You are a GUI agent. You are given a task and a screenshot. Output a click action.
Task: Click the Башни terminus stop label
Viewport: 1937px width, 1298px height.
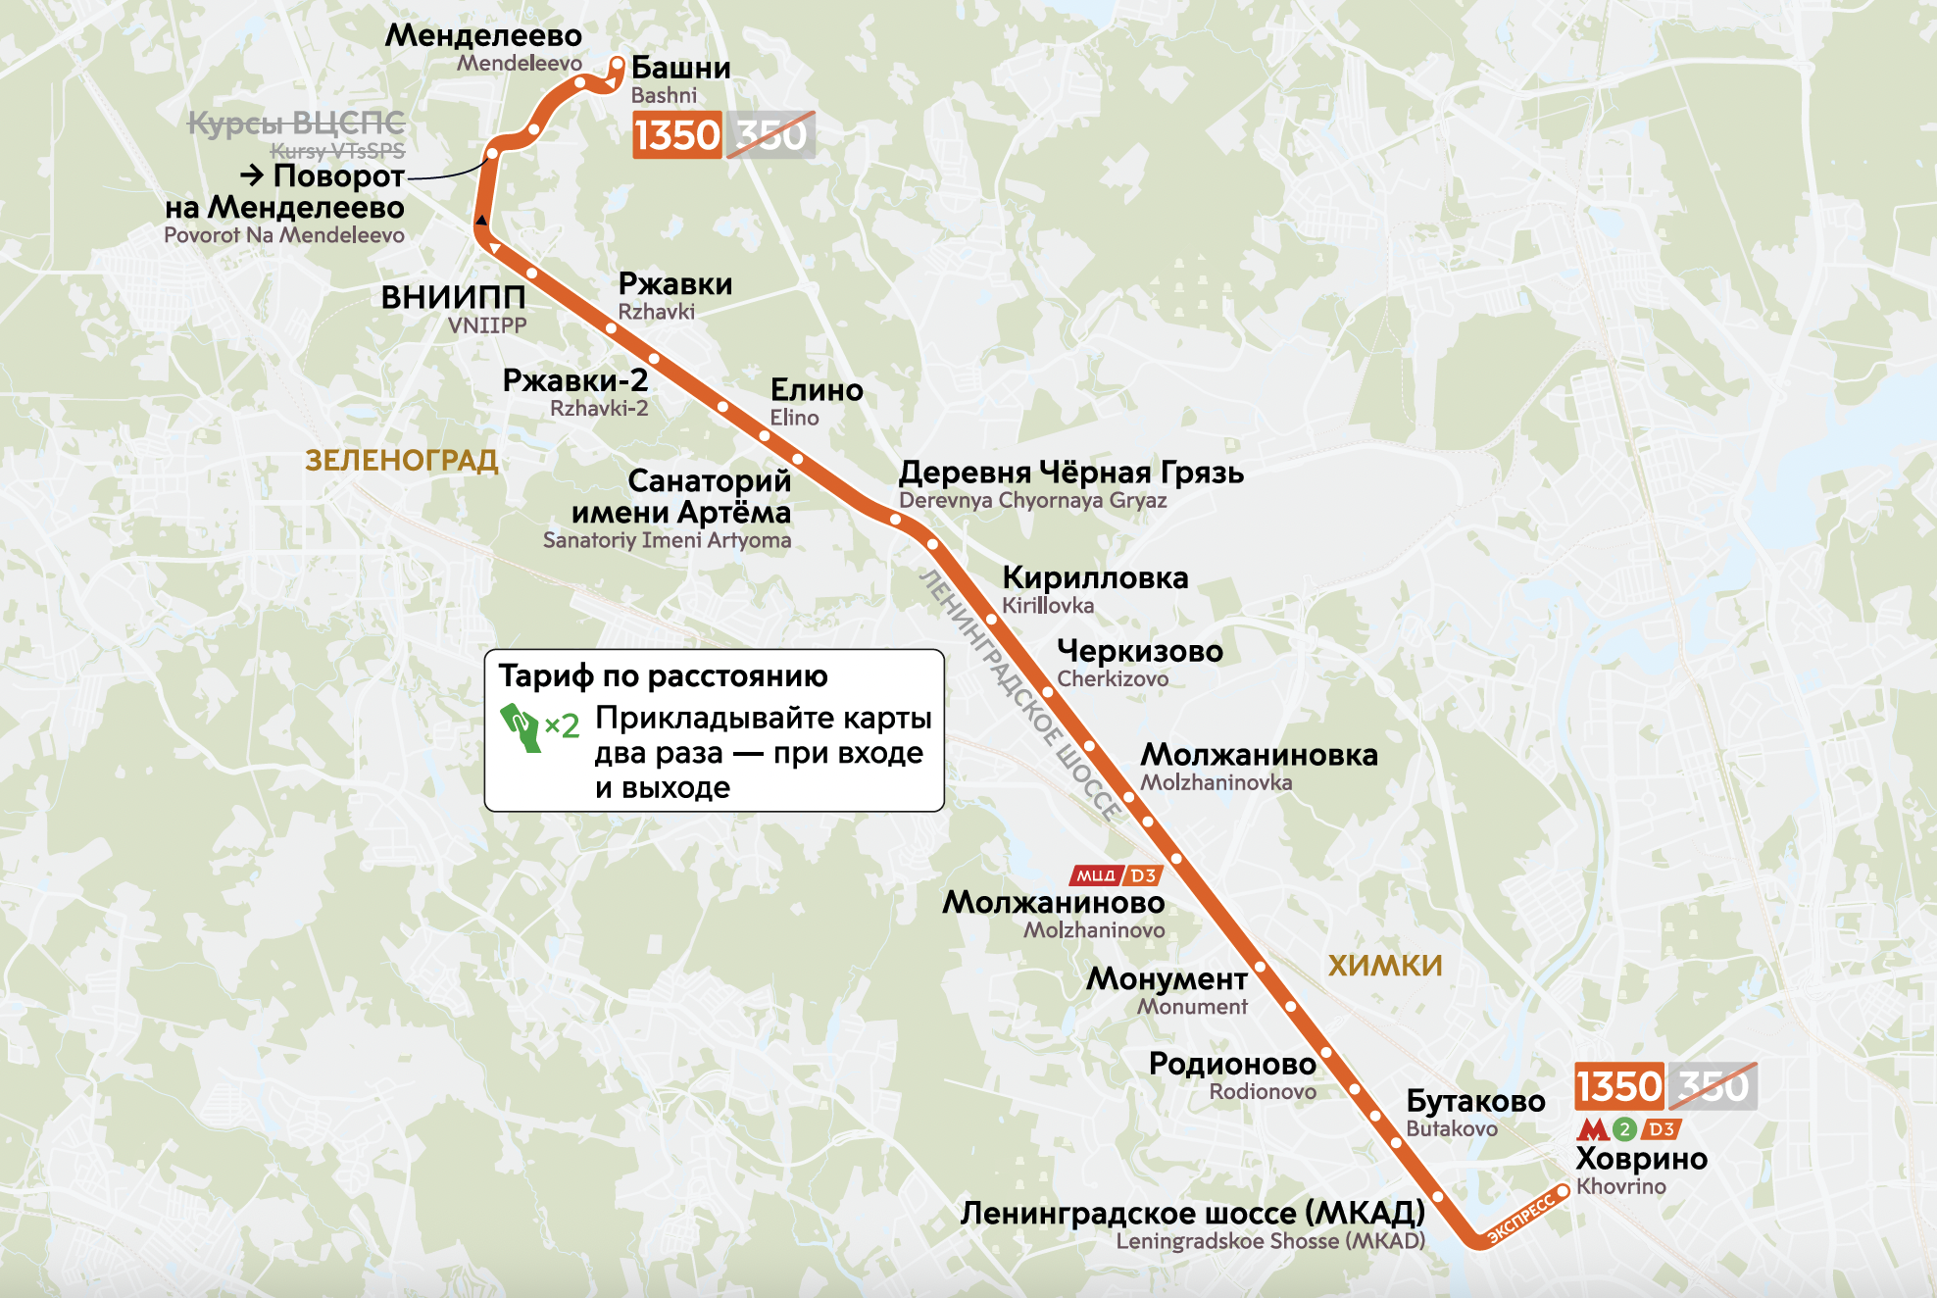680,68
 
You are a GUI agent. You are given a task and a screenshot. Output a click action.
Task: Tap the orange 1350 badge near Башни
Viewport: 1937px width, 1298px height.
677,135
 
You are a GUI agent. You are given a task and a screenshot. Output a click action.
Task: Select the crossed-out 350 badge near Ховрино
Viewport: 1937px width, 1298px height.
1713,1086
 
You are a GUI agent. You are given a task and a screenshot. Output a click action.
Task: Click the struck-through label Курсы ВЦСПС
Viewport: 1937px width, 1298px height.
296,124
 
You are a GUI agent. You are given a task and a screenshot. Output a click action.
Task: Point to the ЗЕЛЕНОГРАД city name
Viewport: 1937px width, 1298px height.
402,460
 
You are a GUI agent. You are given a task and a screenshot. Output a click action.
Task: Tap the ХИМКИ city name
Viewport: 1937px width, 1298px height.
1384,966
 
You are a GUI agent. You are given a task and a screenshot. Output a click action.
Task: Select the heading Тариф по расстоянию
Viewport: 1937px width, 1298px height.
663,675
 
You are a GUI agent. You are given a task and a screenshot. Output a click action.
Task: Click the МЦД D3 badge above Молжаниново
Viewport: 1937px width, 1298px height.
1116,875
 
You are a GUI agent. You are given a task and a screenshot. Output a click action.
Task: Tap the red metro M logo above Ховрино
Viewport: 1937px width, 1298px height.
1592,1129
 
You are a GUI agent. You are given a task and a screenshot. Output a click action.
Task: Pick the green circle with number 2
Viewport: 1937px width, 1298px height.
1624,1129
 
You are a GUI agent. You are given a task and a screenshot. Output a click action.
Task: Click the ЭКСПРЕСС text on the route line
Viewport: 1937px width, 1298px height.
1520,1218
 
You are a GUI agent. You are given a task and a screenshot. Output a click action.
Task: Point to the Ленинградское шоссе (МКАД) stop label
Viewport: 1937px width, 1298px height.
1192,1213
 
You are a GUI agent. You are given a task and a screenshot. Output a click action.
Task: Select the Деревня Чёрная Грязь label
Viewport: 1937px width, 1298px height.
1070,473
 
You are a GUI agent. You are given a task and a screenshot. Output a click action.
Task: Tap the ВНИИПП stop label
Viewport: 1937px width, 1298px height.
453,297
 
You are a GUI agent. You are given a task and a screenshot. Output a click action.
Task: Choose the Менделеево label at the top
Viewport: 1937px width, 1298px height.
483,35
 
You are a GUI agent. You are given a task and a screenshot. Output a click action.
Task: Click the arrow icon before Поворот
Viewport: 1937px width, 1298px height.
252,175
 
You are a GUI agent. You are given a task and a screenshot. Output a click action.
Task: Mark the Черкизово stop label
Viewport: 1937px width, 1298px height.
1139,651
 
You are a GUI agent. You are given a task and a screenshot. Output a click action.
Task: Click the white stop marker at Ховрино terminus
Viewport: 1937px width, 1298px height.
1563,1190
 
